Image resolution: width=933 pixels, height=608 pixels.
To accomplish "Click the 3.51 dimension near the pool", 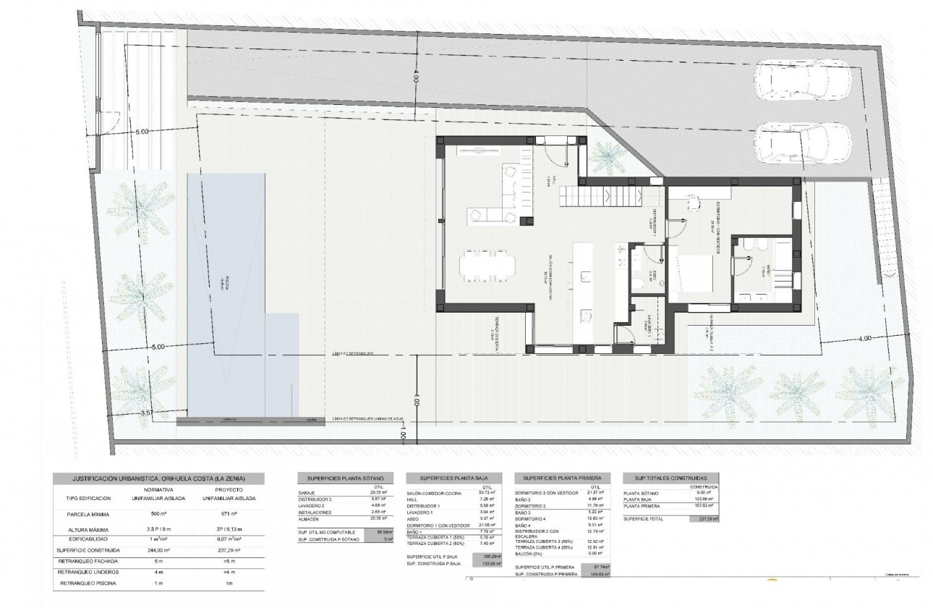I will pyautogui.click(x=147, y=413).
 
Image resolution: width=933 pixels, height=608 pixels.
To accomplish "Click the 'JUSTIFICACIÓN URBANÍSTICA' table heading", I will pyautogui.click(x=158, y=478).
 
